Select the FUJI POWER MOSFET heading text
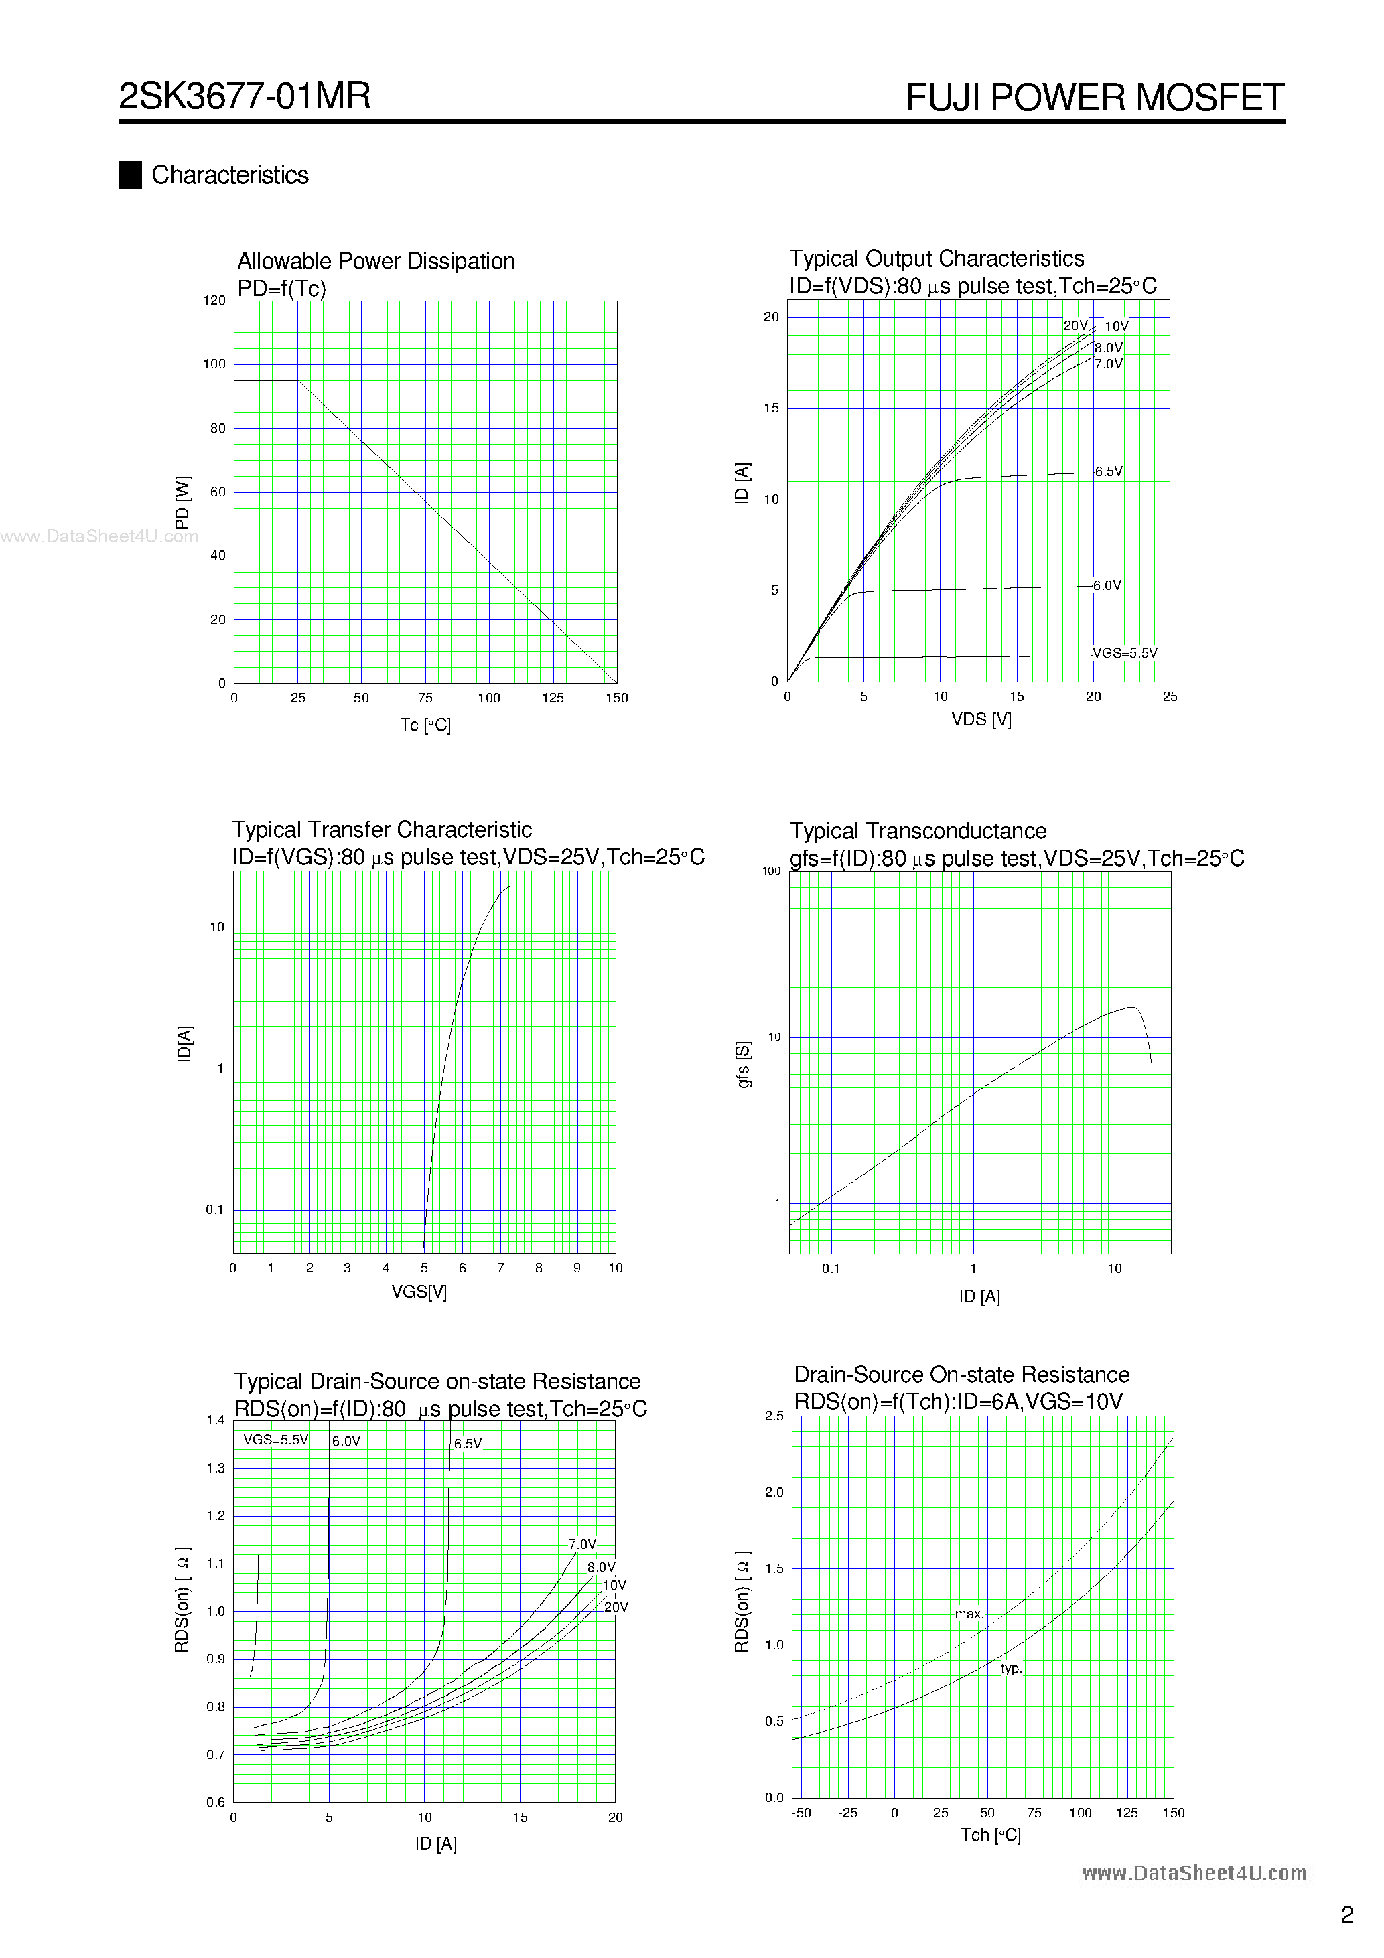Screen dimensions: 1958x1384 (1094, 98)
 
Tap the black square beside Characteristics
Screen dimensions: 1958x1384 (130, 175)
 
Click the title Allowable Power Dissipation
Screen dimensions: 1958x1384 (375, 261)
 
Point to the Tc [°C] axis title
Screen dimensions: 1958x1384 (425, 725)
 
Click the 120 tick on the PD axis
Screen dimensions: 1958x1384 (214, 300)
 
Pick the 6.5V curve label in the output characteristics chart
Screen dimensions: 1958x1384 (1109, 471)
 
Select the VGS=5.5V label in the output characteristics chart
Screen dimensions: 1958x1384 (1125, 654)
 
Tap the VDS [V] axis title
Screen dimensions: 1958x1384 (981, 720)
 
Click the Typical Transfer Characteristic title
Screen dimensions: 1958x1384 (381, 830)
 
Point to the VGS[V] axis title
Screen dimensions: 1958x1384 (419, 1292)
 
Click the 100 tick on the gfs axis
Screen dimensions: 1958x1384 (770, 871)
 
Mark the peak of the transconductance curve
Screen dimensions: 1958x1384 (1132, 1007)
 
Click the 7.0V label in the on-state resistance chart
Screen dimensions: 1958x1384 (582, 1544)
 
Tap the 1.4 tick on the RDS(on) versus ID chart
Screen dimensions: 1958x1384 (216, 1420)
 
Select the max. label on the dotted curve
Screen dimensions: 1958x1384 (969, 1614)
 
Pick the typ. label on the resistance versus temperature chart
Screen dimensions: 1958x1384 (1011, 1669)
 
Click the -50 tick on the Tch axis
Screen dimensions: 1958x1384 (801, 1813)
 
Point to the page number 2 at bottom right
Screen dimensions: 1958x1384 (1347, 1915)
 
